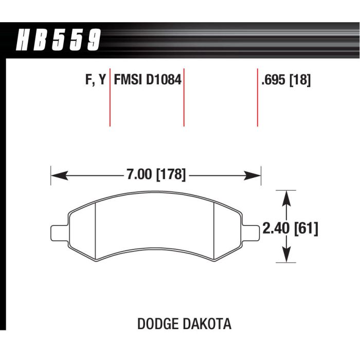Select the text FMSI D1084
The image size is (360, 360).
tap(148, 80)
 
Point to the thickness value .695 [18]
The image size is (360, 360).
tap(286, 80)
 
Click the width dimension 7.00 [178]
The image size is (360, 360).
tap(155, 174)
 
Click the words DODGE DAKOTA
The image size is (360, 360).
tap(184, 325)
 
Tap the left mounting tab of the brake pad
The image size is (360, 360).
tap(59, 232)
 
